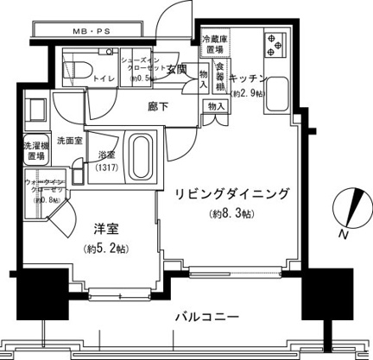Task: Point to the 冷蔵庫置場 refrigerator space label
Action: (214, 46)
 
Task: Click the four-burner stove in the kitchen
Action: (278, 44)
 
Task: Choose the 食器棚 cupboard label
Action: (221, 75)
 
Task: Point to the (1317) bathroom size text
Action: (107, 167)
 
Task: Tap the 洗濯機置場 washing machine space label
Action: (35, 152)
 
